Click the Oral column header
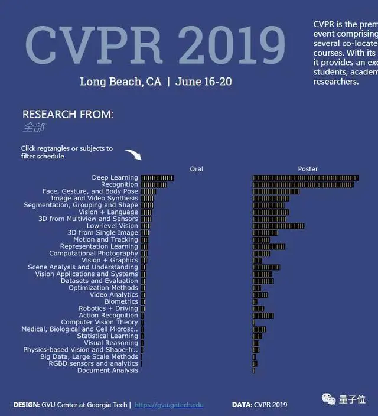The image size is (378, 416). [196, 169]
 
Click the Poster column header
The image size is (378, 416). [308, 169]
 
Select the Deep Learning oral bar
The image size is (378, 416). [157, 178]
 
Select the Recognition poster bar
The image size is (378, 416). [303, 185]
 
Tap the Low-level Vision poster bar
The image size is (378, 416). [278, 226]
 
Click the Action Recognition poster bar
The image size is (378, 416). [263, 316]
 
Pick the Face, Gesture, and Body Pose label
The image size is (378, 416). [90, 191]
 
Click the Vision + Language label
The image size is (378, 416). [108, 212]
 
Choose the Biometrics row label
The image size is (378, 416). [121, 301]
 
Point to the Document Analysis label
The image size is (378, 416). [107, 370]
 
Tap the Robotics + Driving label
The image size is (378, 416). [108, 308]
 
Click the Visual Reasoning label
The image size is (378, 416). [110, 343]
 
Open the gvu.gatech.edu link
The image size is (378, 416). [169, 405]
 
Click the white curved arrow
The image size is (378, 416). [133, 155]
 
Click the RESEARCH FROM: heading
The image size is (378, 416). [68, 114]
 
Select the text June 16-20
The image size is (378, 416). [203, 82]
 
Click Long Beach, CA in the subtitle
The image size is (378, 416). [120, 82]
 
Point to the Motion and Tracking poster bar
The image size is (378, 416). [261, 240]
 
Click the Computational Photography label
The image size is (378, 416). [93, 253]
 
